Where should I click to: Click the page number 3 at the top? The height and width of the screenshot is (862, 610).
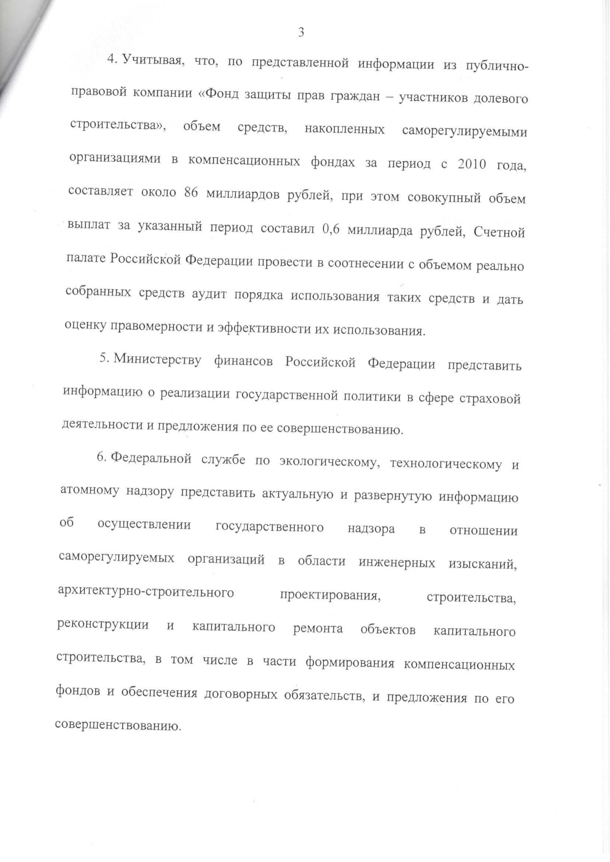301,33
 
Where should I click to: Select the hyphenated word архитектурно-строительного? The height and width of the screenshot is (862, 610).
146,593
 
